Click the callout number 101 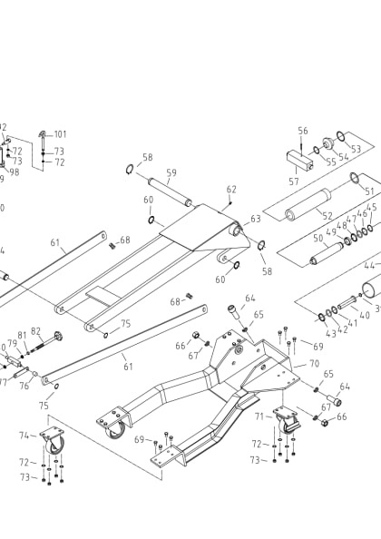point(60,134)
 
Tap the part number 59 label point(171,173)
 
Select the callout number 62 point(231,190)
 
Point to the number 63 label point(256,219)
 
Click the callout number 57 point(294,181)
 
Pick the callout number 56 point(303,131)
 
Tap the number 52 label point(327,216)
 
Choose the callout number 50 point(318,239)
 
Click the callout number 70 point(314,363)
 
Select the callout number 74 point(24,436)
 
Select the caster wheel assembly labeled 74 point(54,444)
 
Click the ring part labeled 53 point(339,136)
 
